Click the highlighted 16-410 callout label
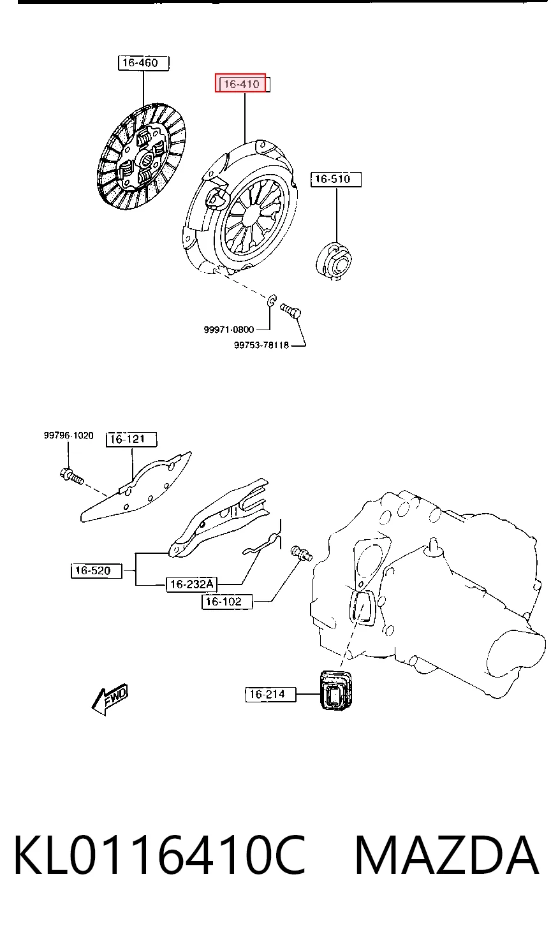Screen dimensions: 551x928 click(x=240, y=83)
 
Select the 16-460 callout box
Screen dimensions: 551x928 click(x=143, y=63)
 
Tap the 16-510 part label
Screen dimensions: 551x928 click(x=336, y=179)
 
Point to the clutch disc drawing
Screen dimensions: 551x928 click(x=142, y=156)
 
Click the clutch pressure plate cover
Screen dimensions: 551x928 click(x=240, y=207)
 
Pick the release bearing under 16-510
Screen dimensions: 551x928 click(x=334, y=261)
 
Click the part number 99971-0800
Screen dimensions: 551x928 click(x=229, y=330)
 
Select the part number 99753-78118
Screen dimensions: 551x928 click(x=261, y=345)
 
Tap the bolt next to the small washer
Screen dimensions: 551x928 click(x=291, y=311)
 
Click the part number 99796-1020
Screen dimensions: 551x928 click(x=69, y=435)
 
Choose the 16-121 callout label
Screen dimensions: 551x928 click(x=131, y=440)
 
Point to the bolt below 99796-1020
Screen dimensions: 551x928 click(x=71, y=476)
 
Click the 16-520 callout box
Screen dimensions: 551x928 click(x=96, y=571)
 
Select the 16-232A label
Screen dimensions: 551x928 click(x=191, y=584)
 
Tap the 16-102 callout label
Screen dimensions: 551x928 click(x=227, y=602)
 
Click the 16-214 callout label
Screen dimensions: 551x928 click(x=271, y=694)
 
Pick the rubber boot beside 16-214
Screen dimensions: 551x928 click(x=336, y=690)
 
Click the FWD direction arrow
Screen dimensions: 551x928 click(x=110, y=699)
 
